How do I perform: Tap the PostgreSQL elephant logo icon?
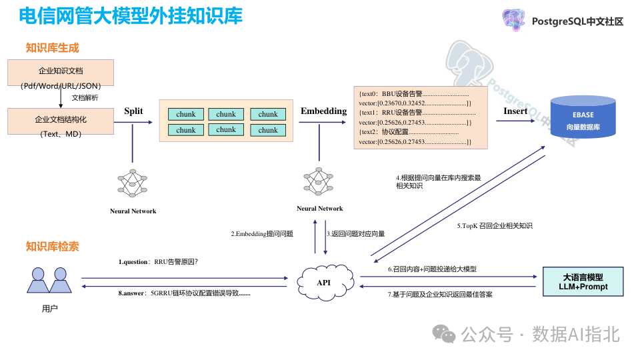coord(514,21)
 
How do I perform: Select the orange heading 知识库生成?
coord(52,48)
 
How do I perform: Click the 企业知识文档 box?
coord(61,72)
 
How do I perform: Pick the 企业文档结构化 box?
coord(61,121)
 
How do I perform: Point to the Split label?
coord(133,111)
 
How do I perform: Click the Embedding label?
coord(323,111)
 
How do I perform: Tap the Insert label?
coord(515,111)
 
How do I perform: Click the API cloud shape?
coord(323,282)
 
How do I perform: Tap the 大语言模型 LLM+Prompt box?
coord(583,282)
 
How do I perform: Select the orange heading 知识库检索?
coord(52,247)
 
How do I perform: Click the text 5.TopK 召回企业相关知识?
coord(495,226)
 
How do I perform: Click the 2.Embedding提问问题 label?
coord(262,234)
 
